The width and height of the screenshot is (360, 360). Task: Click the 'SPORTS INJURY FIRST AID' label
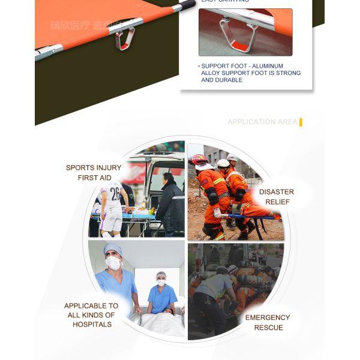tap(93, 173)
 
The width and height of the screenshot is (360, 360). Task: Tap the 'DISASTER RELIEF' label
tap(277, 197)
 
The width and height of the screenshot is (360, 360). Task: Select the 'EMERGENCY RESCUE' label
tap(268, 322)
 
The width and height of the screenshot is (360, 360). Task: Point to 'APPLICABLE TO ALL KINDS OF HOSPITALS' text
tap(91, 315)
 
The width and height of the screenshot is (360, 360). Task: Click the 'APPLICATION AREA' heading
tap(262, 122)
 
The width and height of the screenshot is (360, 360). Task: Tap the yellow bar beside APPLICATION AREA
tap(301, 122)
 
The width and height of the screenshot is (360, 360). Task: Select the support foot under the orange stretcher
tap(125, 39)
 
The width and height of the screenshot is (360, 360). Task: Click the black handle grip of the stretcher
tap(187, 5)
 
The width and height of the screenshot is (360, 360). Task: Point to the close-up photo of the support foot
tap(245, 32)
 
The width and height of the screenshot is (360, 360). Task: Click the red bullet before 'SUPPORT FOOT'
tap(199, 66)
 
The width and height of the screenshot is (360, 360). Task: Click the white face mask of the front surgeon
tap(113, 263)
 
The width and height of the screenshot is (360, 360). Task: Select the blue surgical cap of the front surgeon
tap(112, 248)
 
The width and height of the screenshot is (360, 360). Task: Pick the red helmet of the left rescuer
tap(198, 160)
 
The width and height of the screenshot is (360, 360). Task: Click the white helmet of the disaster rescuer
tap(223, 163)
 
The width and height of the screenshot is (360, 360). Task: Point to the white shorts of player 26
tap(112, 220)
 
